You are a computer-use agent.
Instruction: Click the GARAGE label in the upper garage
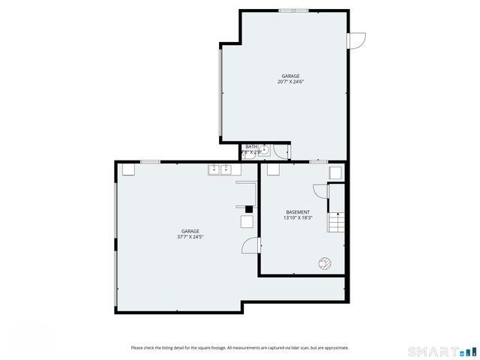pos(290,76)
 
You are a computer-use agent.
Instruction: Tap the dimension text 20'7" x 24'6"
pos(290,82)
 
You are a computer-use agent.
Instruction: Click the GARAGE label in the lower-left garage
pos(190,231)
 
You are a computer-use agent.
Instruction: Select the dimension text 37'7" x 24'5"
pos(190,237)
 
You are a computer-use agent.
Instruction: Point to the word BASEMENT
pos(298,212)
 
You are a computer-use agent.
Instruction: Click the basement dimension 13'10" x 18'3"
pos(298,218)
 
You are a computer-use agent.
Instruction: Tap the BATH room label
pos(251,147)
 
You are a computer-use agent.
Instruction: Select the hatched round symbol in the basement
pos(325,262)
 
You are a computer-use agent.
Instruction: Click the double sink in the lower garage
pos(220,169)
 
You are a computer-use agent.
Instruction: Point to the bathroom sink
pos(265,149)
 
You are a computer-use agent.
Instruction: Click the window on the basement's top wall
pos(319,161)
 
